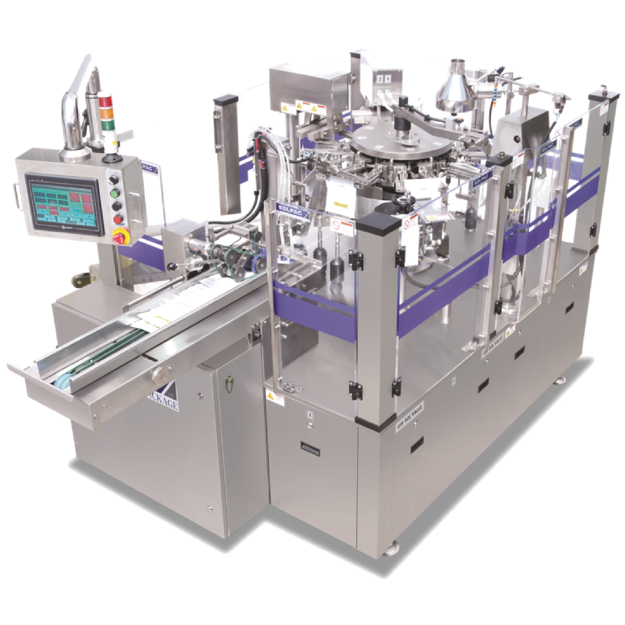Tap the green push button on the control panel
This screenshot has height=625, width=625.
click(114, 193)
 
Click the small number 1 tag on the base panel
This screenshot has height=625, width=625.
click(309, 414)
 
